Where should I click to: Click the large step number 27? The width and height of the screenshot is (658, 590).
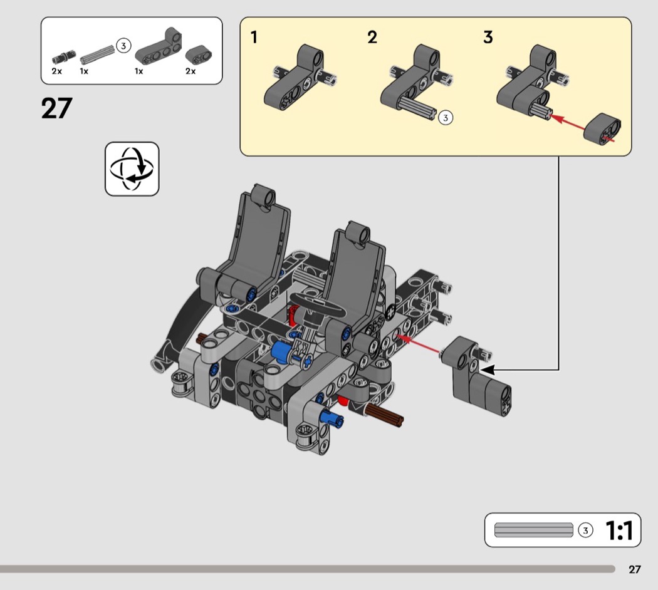pos(56,108)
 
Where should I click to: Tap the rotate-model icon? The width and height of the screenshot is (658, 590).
pos(132,168)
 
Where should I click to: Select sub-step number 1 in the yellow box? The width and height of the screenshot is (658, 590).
pos(254,38)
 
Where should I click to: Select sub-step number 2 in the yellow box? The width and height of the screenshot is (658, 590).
pos(372,38)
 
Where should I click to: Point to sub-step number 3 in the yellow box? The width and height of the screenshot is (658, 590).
pos(488,38)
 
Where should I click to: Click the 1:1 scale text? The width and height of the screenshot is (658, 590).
pos(619,530)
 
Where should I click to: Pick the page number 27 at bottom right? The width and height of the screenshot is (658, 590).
pos(634,569)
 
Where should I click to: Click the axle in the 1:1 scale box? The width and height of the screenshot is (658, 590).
pos(533,530)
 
